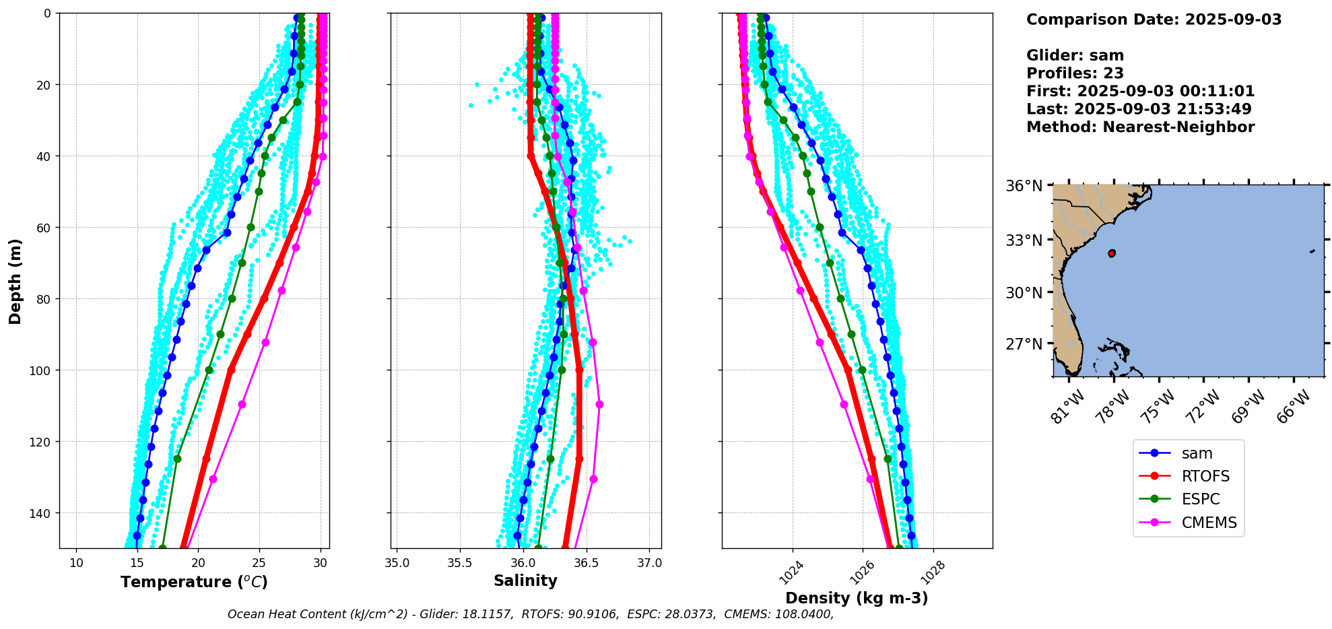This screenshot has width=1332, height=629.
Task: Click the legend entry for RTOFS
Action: point(1205,477)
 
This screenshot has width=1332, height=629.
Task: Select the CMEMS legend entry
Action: point(1209,523)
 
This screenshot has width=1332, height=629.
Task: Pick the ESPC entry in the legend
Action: point(1200,500)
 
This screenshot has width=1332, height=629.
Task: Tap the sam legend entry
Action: point(1197,454)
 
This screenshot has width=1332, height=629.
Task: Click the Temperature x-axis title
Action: point(194,582)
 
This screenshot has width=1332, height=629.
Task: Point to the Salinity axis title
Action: point(525,581)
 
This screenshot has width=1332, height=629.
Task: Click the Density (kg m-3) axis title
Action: point(857,598)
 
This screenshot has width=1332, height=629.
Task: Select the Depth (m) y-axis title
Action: point(15,281)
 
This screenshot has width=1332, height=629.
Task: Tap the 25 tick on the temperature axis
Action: point(260,563)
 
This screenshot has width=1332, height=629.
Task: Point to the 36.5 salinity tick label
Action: point(586,563)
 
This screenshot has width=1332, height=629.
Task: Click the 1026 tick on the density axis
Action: point(862,573)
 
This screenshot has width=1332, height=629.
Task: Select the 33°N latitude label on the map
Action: point(1024,240)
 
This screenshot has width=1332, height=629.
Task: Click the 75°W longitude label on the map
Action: point(1158,407)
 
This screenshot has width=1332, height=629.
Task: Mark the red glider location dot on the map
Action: point(1111,253)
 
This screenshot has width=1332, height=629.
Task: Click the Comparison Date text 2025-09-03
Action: point(1233,20)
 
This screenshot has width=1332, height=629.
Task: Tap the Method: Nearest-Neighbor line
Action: point(1140,127)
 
